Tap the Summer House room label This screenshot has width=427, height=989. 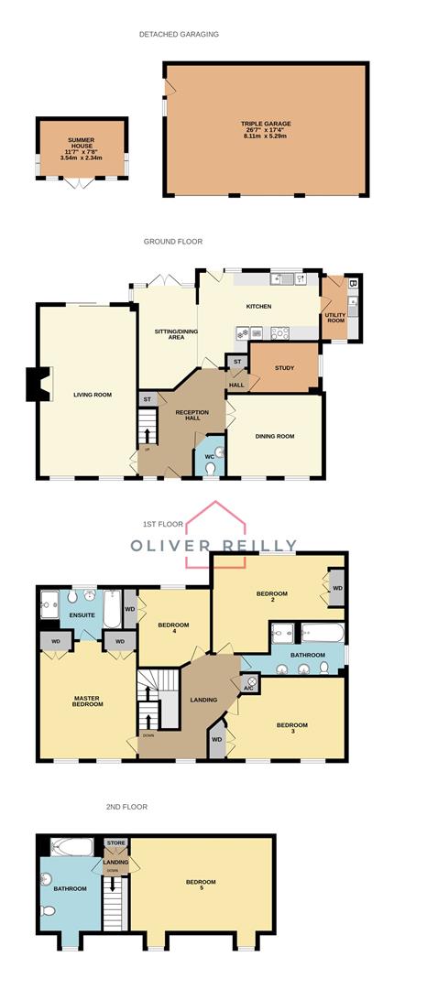coord(81,148)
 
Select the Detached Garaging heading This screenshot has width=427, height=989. coord(179,34)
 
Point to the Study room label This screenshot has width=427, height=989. coord(284,368)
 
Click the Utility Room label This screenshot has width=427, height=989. coord(335,317)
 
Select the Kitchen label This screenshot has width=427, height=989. coord(259,306)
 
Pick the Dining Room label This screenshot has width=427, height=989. coord(275,436)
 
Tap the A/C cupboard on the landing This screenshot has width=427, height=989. coord(249,683)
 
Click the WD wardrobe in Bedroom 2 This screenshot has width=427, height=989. coord(336,589)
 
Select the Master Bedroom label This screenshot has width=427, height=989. coord(88,701)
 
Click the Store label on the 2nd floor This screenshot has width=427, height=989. coord(115,842)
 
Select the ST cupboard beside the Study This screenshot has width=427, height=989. coord(236,363)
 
